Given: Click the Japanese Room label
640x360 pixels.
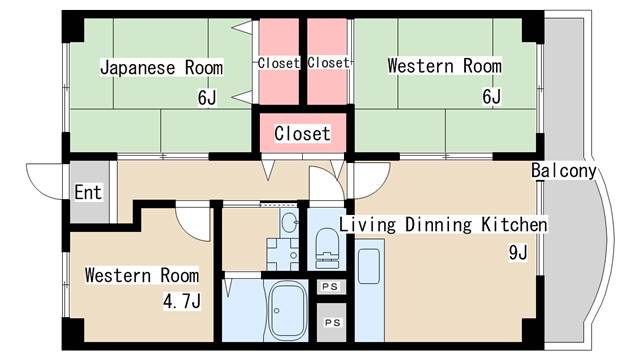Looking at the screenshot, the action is tap(162, 67).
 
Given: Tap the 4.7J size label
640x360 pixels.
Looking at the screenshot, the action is tap(182, 301).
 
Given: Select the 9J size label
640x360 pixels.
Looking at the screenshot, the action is tap(518, 252).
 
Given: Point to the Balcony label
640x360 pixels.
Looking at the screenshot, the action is tap(564, 171).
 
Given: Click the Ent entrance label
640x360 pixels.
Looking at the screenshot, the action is tap(88, 192).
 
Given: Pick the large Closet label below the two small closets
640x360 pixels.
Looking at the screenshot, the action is tap(302, 133).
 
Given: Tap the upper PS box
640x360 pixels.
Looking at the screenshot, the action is tap(331, 287).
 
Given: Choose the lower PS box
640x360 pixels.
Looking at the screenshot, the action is tap(332, 322).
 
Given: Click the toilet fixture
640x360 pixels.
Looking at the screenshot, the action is tap(327, 248).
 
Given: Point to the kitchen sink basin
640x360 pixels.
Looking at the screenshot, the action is tap(369, 266).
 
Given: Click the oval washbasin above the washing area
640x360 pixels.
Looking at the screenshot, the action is tap(289, 222).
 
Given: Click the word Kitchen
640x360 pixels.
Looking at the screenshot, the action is tap(514, 224).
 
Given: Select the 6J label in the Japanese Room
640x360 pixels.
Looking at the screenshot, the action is tap(207, 98).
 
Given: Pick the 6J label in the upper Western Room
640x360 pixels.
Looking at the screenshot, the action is tap(491, 96).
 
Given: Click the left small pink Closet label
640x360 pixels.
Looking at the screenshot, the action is tap(279, 63).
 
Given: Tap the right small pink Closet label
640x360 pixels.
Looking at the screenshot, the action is tap(329, 62).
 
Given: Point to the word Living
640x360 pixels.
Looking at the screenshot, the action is tap(368, 225).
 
